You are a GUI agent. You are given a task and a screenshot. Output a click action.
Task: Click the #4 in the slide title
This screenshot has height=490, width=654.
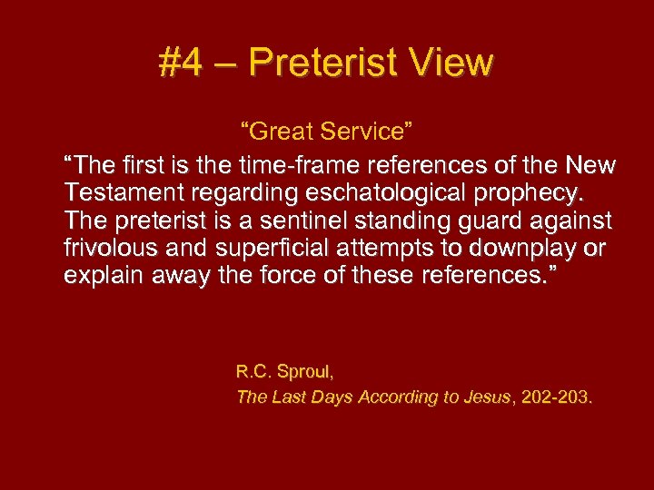tap(178, 64)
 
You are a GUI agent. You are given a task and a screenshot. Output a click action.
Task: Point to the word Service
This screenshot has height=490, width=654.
tap(369, 132)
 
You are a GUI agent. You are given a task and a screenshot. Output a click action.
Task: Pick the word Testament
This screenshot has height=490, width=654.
tap(120, 193)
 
